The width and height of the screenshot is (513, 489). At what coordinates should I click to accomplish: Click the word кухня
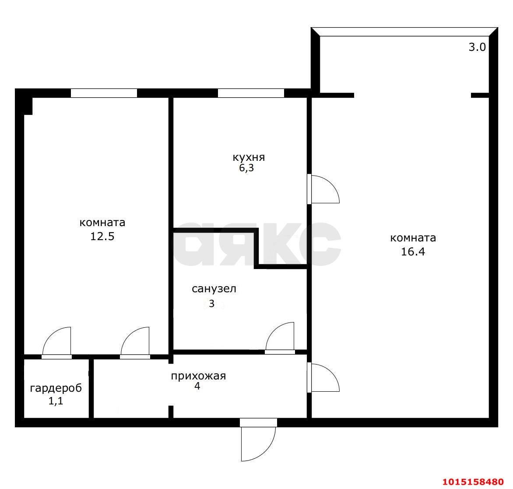click(249, 158)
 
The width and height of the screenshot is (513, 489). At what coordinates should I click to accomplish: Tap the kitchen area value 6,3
click(246, 168)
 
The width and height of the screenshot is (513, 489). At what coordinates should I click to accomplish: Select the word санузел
click(214, 289)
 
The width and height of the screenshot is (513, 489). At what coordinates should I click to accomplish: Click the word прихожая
click(198, 376)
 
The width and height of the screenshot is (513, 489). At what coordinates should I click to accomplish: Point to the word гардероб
click(56, 388)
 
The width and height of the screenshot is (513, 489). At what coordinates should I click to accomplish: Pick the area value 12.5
click(102, 236)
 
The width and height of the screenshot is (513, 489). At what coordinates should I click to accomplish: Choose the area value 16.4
click(413, 252)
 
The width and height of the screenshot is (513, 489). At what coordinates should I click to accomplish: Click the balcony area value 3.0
click(478, 47)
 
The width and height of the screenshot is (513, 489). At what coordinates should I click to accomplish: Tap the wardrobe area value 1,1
click(56, 401)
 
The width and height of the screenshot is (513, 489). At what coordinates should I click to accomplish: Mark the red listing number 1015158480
click(473, 482)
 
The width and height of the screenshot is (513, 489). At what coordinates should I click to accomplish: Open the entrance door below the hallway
click(258, 439)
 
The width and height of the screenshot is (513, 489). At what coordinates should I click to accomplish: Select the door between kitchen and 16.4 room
click(323, 189)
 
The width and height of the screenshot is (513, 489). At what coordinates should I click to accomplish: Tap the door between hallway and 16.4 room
click(323, 377)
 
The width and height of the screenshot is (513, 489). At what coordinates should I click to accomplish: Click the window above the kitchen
click(251, 93)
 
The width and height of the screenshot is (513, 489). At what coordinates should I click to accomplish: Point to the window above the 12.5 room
click(104, 93)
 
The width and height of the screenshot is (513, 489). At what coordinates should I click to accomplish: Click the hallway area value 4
click(197, 386)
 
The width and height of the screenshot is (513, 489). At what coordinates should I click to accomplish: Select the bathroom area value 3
click(212, 304)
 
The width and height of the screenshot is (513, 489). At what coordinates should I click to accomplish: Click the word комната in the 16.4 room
click(413, 238)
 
